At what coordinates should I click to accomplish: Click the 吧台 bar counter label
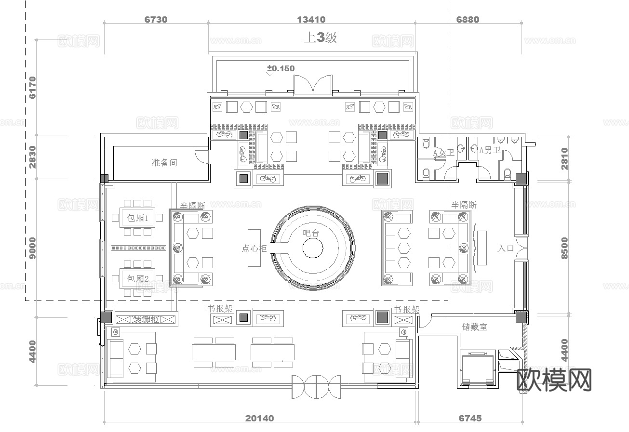tap(311, 233)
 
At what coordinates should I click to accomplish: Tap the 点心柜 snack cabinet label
tap(254, 249)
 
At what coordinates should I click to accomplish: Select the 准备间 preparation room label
tap(164, 163)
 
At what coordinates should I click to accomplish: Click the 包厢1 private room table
tap(137, 218)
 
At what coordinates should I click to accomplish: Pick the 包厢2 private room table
tap(137, 278)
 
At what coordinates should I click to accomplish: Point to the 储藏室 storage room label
tap(475, 327)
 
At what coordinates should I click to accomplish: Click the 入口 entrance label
tap(506, 249)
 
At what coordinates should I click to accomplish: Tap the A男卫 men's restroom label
tap(490, 151)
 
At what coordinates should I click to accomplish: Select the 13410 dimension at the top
tap(311, 20)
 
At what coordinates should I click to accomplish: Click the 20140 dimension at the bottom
tap(259, 419)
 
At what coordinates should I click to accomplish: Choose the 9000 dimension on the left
tap(32, 248)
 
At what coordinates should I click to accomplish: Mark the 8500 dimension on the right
tap(564, 248)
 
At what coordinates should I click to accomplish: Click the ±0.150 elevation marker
tap(281, 69)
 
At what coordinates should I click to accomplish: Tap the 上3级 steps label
tap(320, 38)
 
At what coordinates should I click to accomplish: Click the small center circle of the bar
tap(312, 248)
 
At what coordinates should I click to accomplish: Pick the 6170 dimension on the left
tap(32, 87)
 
